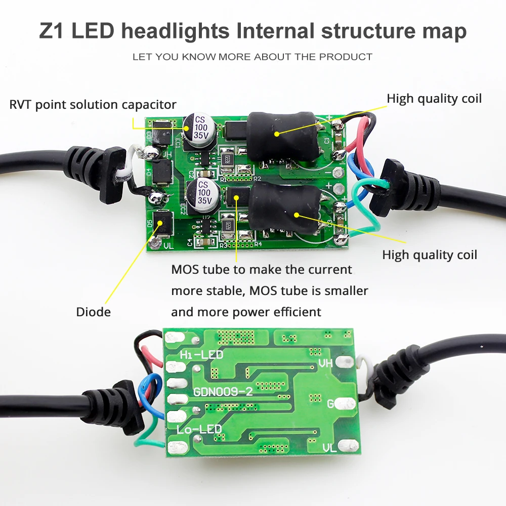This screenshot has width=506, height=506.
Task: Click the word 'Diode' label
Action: (93, 312)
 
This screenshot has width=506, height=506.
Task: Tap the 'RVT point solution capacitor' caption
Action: (93, 105)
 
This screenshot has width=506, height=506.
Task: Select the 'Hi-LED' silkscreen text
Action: (201, 355)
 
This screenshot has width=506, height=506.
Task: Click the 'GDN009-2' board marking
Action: (223, 391)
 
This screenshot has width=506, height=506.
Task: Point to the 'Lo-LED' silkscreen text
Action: (199, 430)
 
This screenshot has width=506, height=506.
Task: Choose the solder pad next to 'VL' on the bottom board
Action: (348, 445)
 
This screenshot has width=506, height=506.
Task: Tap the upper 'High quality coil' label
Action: (434, 98)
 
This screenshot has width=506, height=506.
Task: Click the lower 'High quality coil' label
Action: (430, 255)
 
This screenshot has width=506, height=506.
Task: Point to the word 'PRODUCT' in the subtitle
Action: (346, 57)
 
